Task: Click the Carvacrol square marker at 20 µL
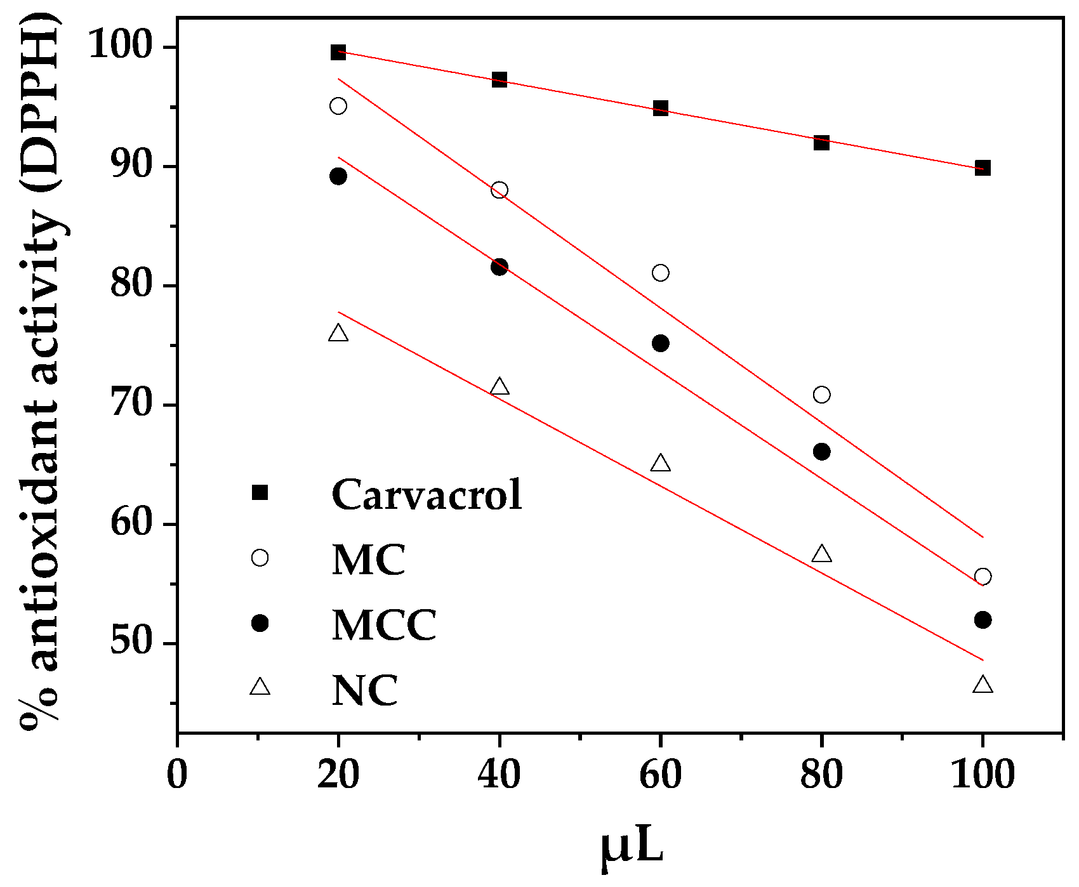(x=338, y=52)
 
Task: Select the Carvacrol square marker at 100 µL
(x=983, y=168)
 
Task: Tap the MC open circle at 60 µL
(x=660, y=273)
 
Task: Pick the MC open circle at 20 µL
(x=338, y=105)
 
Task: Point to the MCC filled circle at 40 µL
(x=500, y=266)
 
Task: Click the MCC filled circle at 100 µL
(x=983, y=620)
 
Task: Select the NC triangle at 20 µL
(x=338, y=334)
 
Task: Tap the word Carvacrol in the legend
(x=427, y=494)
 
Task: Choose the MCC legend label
(x=384, y=625)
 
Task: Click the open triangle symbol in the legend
(x=260, y=687)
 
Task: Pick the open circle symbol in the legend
(x=260, y=558)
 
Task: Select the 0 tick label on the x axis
(x=177, y=775)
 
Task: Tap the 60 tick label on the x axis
(x=660, y=775)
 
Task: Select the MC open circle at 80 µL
(x=821, y=395)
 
